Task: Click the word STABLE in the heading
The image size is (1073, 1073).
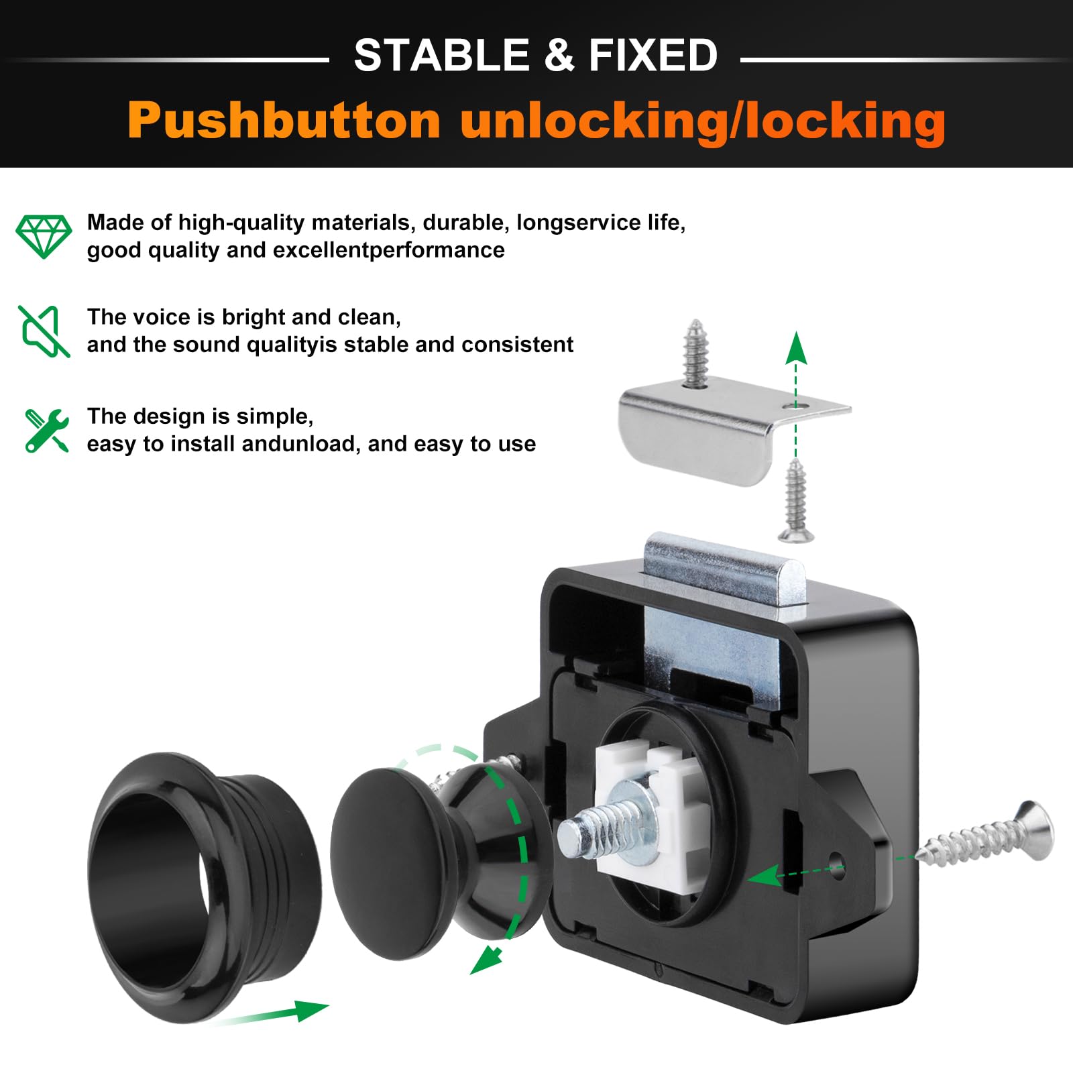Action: point(442,55)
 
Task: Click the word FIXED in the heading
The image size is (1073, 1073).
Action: point(653,55)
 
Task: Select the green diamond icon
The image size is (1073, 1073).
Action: point(44,237)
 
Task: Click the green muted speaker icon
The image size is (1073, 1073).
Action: point(44,331)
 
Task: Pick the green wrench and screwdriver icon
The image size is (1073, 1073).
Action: point(46,431)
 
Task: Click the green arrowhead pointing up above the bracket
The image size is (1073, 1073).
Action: point(796,348)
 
